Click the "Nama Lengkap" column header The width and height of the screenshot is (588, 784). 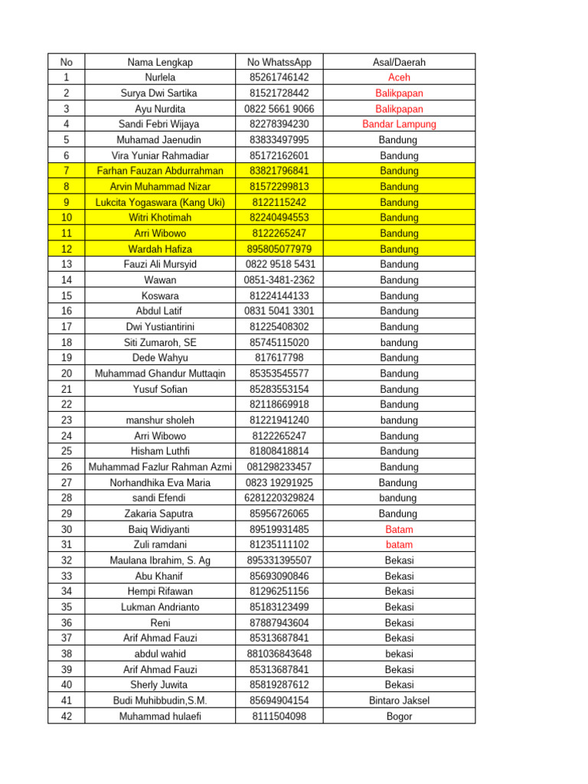(160, 62)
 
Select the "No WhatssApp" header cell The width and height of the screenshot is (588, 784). (279, 62)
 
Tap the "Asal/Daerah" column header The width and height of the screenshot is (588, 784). (399, 62)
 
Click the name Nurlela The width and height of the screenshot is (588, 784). (160, 77)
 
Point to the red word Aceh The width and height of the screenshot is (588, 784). (399, 77)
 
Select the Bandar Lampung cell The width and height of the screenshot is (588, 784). (399, 124)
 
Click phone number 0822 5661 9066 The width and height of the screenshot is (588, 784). (279, 109)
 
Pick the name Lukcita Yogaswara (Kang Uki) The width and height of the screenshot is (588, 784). (160, 202)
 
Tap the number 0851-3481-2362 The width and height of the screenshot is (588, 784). (279, 280)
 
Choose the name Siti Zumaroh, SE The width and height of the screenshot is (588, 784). (160, 342)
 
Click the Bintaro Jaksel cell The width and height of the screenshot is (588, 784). (399, 701)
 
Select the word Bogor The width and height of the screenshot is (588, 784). (399, 717)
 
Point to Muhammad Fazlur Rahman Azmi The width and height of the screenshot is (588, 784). (160, 467)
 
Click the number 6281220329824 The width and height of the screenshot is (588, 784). (279, 498)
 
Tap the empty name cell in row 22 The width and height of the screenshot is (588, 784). (160, 404)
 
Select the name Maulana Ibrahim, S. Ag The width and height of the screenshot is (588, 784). (160, 560)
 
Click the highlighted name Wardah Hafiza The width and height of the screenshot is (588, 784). (160, 249)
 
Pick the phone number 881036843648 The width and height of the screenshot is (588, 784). (279, 654)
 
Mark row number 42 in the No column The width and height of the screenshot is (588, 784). (66, 717)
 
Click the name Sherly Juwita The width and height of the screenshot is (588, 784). (160, 685)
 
